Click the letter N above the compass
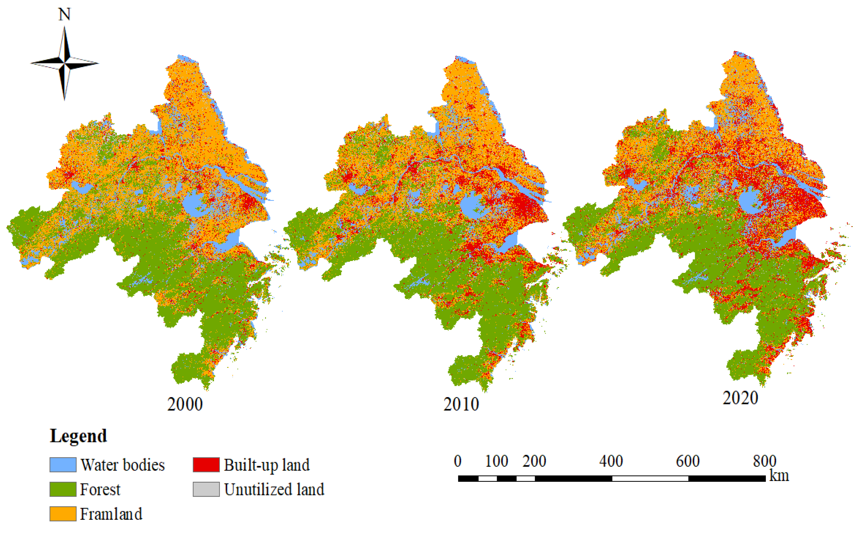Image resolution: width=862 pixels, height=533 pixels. tap(64, 15)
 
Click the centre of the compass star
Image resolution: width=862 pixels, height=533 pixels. tap(64, 63)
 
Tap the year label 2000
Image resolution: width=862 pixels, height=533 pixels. tap(185, 404)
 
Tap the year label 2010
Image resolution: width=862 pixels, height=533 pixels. tap(461, 404)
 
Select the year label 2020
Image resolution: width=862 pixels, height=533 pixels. tap(740, 398)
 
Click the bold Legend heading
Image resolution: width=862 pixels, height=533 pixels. tap(78, 436)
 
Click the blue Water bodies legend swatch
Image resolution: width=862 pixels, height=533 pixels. tap(63, 465)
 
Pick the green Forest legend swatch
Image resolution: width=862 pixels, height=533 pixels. tap(63, 489)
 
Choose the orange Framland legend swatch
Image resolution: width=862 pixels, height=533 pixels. tap(63, 514)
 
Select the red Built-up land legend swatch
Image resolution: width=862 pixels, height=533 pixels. tap(206, 465)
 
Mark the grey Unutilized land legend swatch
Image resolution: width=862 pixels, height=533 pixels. tap(206, 489)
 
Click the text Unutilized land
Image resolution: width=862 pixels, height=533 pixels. tap(274, 490)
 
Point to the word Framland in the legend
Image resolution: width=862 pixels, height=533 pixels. tap(111, 514)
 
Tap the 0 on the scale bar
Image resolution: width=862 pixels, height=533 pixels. tap(457, 461)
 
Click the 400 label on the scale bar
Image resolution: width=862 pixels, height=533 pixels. tap(611, 461)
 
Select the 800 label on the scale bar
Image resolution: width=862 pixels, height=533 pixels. tap(764, 461)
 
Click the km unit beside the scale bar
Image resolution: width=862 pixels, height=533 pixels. tap(779, 476)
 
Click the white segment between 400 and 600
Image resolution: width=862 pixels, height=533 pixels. tap(650, 478)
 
